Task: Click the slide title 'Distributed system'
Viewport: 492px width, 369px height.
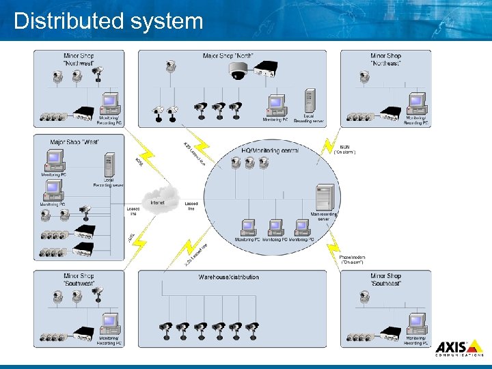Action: pos(109,20)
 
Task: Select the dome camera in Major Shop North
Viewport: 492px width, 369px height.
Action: pos(239,70)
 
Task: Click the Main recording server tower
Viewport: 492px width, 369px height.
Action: pos(325,197)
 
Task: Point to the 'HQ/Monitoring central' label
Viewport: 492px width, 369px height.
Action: pos(270,150)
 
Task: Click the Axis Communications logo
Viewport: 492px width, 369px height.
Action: pos(459,348)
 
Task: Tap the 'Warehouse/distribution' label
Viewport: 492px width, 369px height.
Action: pos(229,277)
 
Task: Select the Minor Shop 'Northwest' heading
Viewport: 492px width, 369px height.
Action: pos(79,59)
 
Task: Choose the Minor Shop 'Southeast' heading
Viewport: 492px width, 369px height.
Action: pos(385,279)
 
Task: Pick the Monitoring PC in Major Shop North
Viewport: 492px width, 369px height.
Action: pos(276,104)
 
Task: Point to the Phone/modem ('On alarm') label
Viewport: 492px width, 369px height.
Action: pos(353,259)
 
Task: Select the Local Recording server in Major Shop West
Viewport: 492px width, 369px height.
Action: pos(109,165)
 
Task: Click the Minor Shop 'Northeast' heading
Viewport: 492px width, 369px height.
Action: pos(385,59)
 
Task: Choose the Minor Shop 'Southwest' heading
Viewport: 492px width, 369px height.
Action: pos(79,279)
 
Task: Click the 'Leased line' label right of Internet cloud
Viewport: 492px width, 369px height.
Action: pos(191,206)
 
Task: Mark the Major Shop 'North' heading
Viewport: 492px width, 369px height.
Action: pos(226,56)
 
